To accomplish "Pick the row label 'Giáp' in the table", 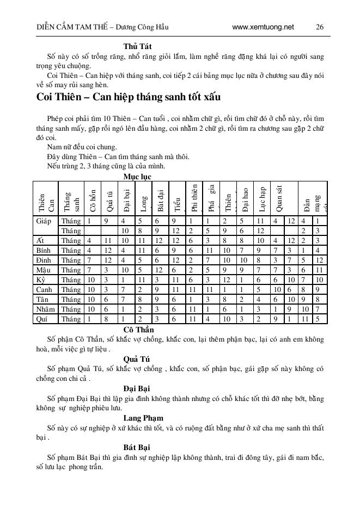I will click(x=44, y=221).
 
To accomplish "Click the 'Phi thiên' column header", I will click(x=194, y=197).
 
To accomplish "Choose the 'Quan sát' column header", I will click(x=279, y=197).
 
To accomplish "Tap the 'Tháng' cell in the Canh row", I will click(x=71, y=289).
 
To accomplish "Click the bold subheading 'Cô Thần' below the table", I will click(x=138, y=330).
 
